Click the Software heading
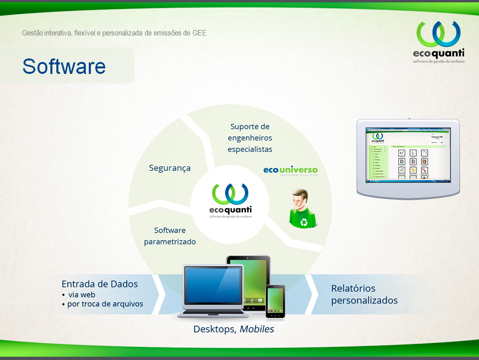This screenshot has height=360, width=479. coord(64,66)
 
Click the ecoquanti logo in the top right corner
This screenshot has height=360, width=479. coord(439,42)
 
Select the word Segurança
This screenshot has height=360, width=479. coord(170,168)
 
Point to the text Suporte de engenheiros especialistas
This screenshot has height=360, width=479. coord(250,138)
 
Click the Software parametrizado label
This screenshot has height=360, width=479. coord(170,236)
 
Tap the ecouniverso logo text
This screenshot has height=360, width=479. coord(290,170)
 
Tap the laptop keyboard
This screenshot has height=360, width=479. coord(214,311)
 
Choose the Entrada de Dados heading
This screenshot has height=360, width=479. coord(100,284)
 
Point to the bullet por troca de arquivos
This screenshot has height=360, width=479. coord(105,304)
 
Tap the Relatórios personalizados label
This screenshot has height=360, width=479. coord(364,294)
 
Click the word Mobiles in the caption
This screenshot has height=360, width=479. coord(257,330)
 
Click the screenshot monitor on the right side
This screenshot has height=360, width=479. coord(408,156)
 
